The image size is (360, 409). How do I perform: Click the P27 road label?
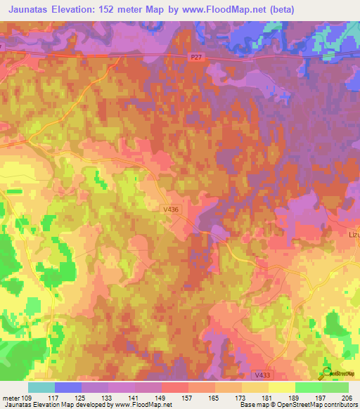pos(198,59)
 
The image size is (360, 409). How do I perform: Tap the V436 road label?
pos(170,208)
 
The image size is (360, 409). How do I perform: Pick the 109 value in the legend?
pos(30,397)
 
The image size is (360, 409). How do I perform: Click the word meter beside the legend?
pos(11,397)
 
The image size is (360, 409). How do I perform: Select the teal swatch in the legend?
pos(41,387)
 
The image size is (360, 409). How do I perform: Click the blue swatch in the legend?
pos(68,387)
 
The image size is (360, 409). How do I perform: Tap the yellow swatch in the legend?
pos(281,387)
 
